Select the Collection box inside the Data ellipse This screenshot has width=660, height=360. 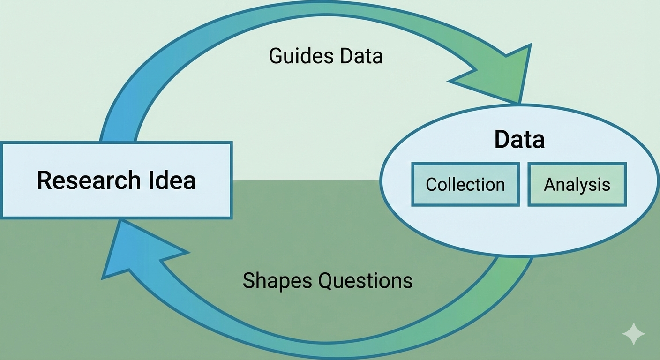(465, 184)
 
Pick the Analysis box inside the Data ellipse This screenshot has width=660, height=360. (577, 184)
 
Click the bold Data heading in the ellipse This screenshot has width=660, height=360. (519, 139)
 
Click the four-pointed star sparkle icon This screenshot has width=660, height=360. (633, 334)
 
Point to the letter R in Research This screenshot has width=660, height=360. (44, 180)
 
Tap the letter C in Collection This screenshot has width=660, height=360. (432, 184)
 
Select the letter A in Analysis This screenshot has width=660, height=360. (549, 184)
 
